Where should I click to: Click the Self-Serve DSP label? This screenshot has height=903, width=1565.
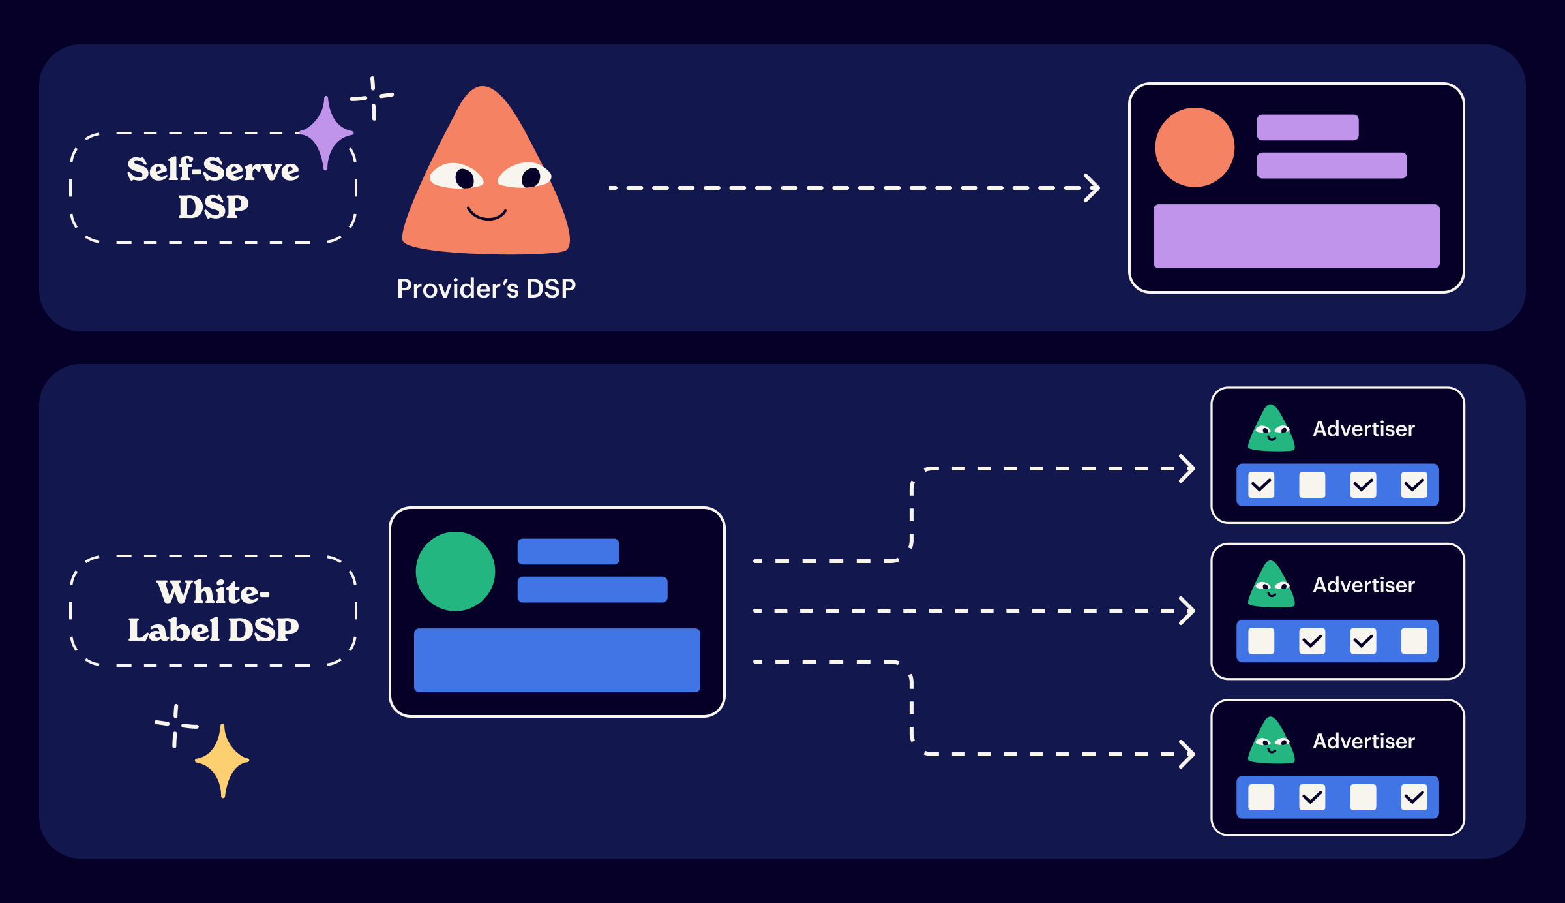[x=213, y=188]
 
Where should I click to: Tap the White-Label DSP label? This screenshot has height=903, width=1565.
[x=213, y=611]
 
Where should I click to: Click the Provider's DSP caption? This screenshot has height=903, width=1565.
[x=486, y=288]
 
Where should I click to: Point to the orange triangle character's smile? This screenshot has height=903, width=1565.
[x=486, y=214]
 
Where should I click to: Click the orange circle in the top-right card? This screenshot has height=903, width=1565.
[x=1195, y=147]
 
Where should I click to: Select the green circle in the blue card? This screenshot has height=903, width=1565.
[x=455, y=572]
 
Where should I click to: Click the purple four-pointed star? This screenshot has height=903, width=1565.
[x=326, y=133]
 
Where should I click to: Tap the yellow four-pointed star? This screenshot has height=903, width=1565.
[x=222, y=760]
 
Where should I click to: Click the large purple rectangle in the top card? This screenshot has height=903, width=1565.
[x=1296, y=236]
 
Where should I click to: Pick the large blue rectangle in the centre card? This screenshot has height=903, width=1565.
[x=557, y=660]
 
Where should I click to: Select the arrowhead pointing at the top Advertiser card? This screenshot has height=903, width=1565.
[x=1187, y=468]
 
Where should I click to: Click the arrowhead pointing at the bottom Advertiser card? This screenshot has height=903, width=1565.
[x=1187, y=754]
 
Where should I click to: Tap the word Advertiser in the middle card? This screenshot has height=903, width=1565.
[x=1364, y=585]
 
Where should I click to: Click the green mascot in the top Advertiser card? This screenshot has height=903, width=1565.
[x=1271, y=429]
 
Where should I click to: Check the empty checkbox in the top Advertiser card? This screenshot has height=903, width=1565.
[x=1312, y=485]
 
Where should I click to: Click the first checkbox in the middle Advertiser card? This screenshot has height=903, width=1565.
[x=1261, y=641]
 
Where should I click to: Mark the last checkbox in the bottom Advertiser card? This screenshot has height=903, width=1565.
[x=1414, y=797]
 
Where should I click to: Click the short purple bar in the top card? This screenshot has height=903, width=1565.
[x=1307, y=127]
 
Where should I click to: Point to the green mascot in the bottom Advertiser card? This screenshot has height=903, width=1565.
[x=1271, y=742]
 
